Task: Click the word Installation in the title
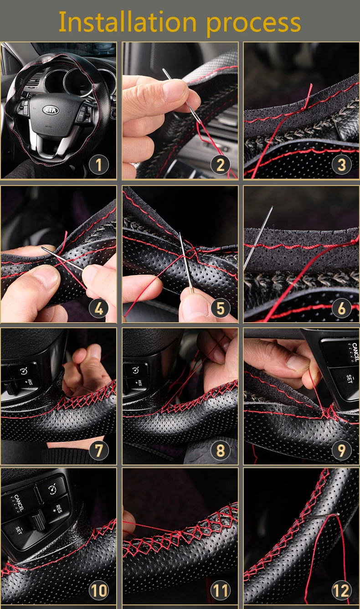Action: [128, 22]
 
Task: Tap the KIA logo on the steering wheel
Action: [51, 110]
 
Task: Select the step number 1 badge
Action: [98, 165]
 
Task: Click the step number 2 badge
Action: [221, 165]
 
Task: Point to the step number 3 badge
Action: [341, 165]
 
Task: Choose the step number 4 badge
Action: [98, 308]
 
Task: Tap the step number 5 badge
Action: [221, 308]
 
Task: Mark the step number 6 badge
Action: [341, 308]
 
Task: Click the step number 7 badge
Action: [98, 450]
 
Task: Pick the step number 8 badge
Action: [221, 450]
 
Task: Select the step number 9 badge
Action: [341, 450]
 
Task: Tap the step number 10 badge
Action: [98, 590]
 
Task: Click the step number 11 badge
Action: [221, 590]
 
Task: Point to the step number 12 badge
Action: [341, 590]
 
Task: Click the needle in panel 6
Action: [258, 238]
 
